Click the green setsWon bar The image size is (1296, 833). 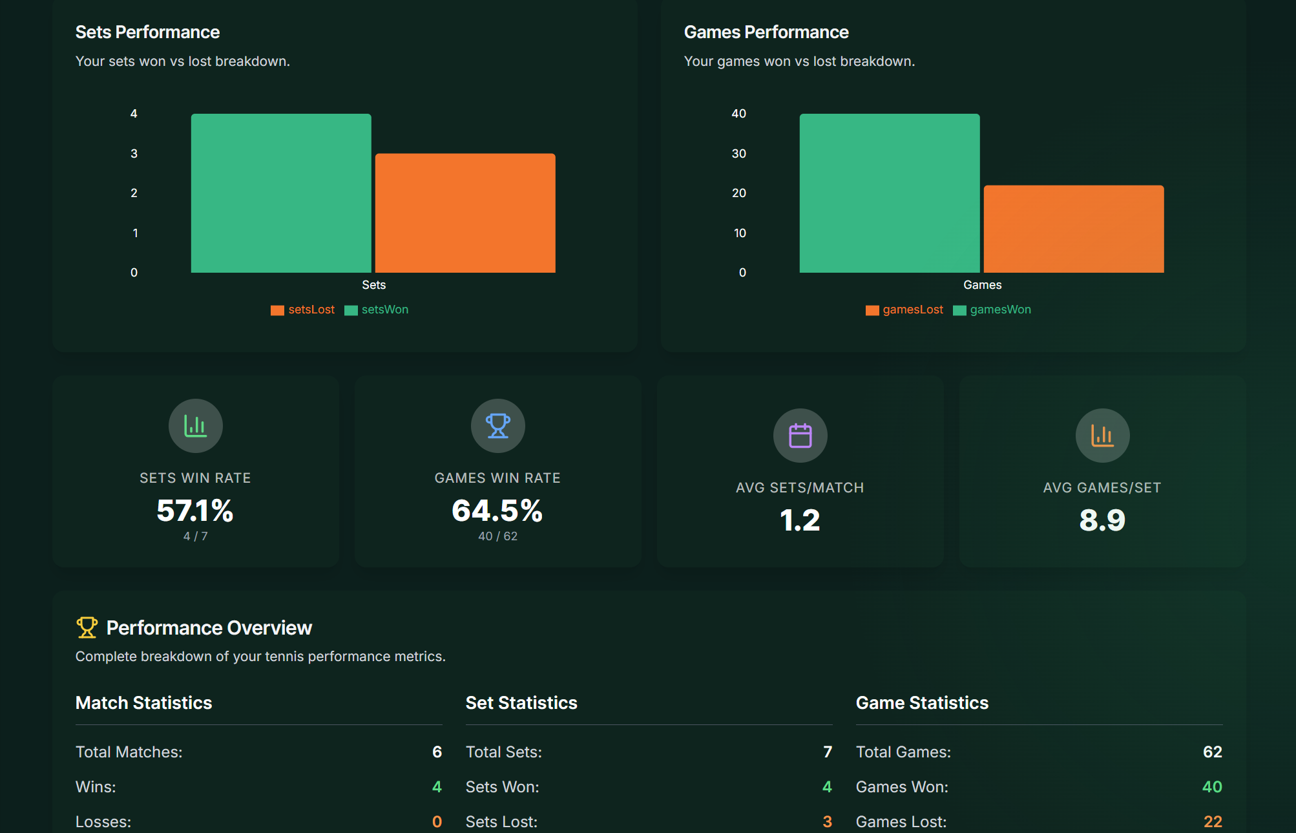pyautogui.click(x=281, y=193)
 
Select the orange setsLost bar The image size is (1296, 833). pyautogui.click(x=465, y=213)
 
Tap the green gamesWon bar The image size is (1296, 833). pyautogui.click(x=890, y=193)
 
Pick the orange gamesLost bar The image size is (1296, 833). pyautogui.click(x=1074, y=229)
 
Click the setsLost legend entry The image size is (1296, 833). pyautogui.click(x=303, y=310)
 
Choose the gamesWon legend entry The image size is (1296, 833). pyautogui.click(x=992, y=310)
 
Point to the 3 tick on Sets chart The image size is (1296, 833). pyautogui.click(x=134, y=154)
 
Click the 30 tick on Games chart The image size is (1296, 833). pyautogui.click(x=738, y=154)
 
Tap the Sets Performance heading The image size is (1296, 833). pyautogui.click(x=147, y=32)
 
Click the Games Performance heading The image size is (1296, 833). pyautogui.click(x=766, y=32)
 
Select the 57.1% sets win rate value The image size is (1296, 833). pyautogui.click(x=195, y=511)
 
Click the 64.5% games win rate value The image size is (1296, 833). pyautogui.click(x=497, y=511)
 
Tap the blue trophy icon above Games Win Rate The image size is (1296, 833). pyautogui.click(x=497, y=426)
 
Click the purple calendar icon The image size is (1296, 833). pyautogui.click(x=800, y=436)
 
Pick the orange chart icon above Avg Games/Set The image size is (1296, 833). pyautogui.click(x=1102, y=436)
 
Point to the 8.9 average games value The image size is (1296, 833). pyautogui.click(x=1102, y=520)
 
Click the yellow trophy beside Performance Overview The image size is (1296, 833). pyautogui.click(x=87, y=627)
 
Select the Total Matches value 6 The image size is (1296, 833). pyautogui.click(x=437, y=752)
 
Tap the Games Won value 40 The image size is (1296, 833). pyautogui.click(x=1211, y=786)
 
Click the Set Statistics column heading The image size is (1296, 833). pyautogui.click(x=521, y=702)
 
